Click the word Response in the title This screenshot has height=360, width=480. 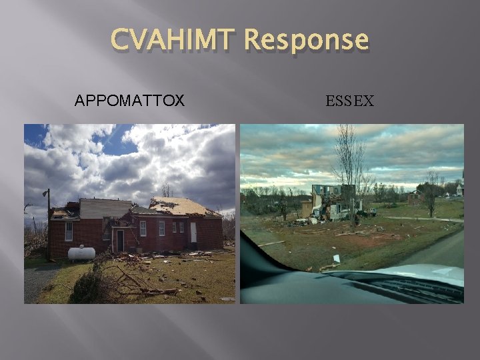(x=305, y=41)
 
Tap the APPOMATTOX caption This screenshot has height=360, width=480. (x=129, y=101)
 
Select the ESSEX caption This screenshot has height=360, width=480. (x=350, y=101)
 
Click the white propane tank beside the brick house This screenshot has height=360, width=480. (x=81, y=253)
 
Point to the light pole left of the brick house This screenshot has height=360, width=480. (x=47, y=223)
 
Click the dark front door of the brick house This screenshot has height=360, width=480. (x=120, y=241)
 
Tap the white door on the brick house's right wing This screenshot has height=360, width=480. (x=193, y=232)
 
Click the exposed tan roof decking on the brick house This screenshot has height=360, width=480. (x=183, y=207)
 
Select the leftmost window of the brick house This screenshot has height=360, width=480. (x=69, y=231)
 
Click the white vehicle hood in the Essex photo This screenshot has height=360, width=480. (x=427, y=280)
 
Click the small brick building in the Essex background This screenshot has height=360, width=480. (x=415, y=198)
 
